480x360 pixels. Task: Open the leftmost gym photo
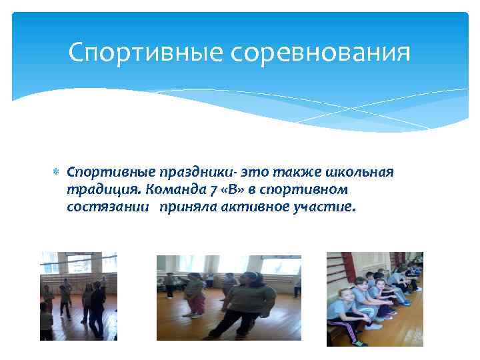79,296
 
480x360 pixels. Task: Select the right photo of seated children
374,299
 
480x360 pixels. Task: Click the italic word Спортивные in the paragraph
100,173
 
